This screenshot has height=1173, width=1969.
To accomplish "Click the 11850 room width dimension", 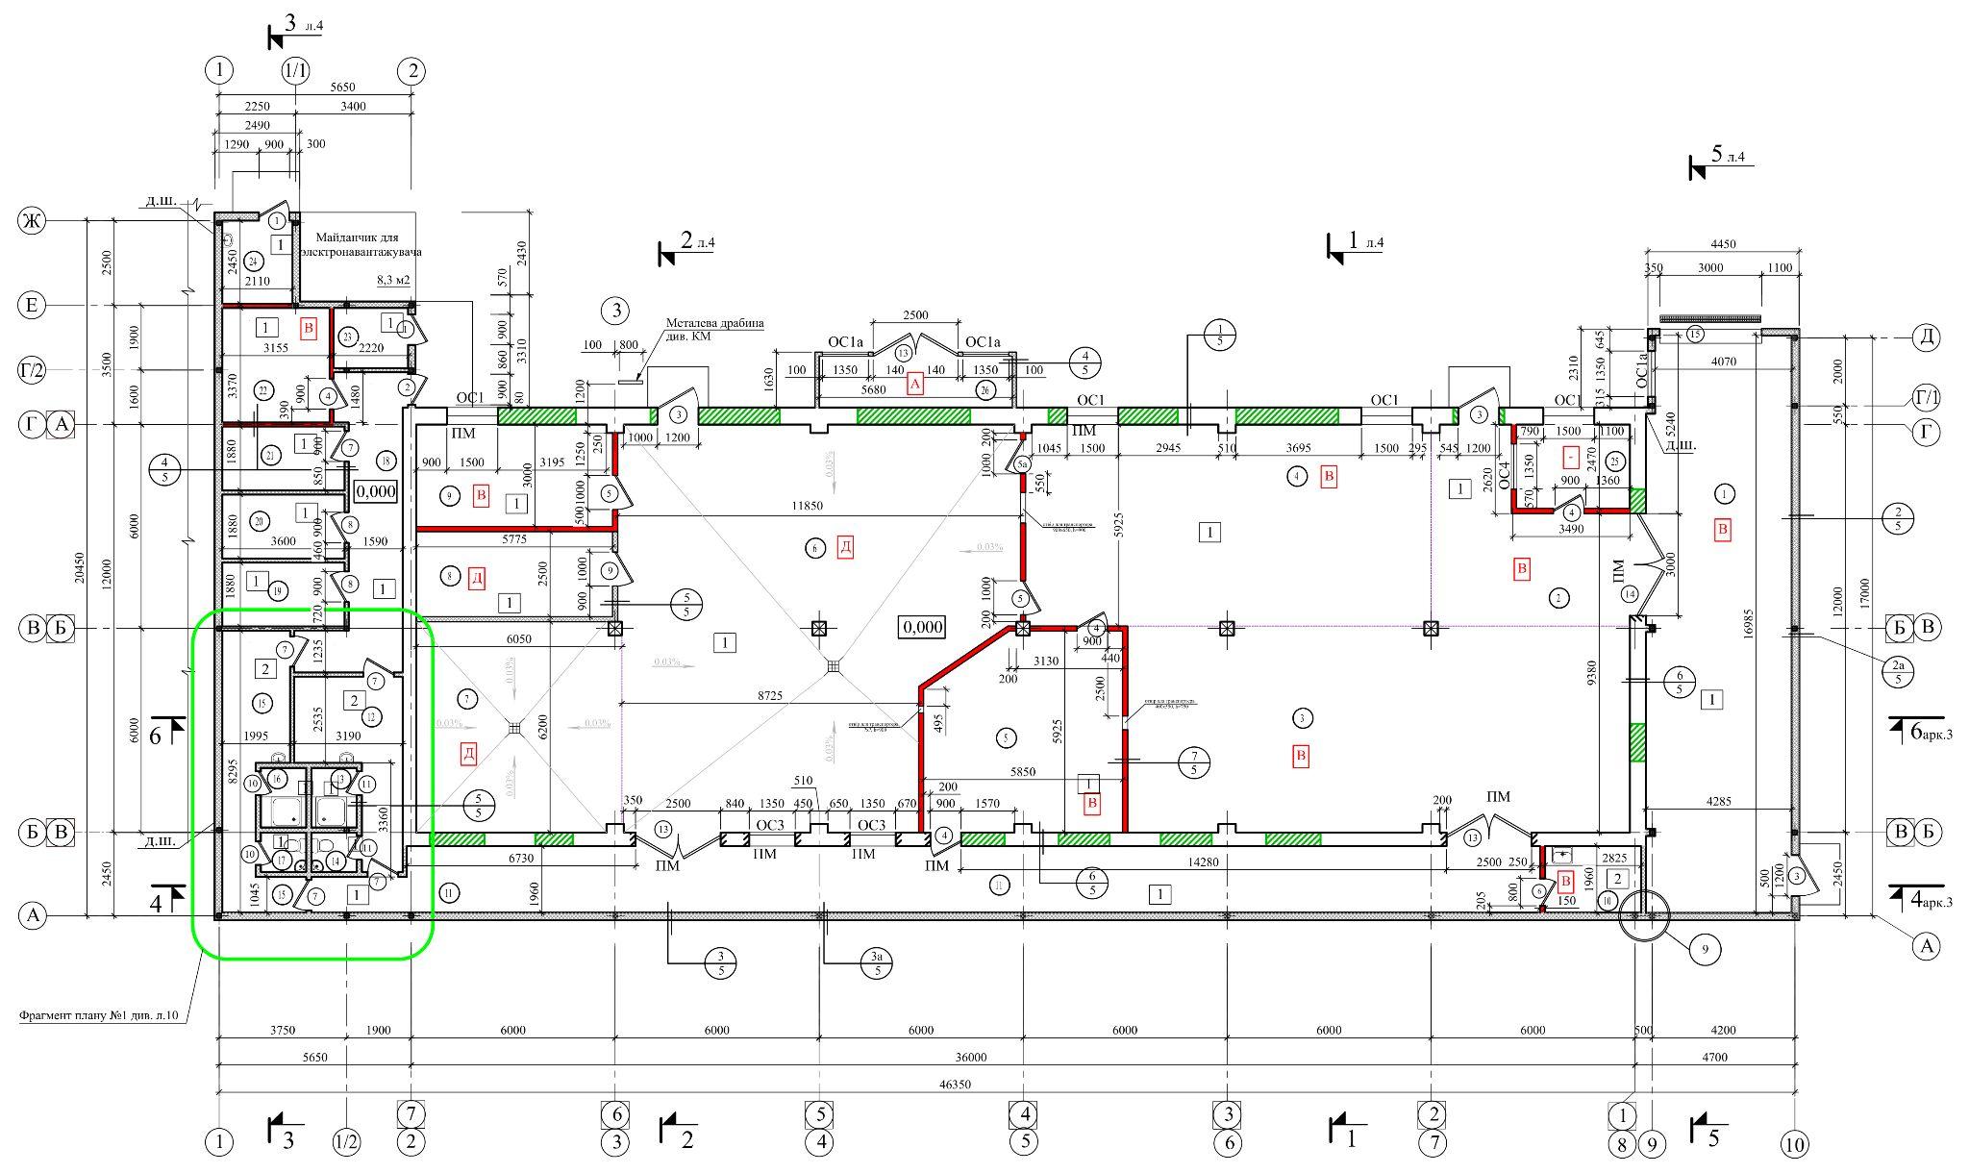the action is (x=808, y=505).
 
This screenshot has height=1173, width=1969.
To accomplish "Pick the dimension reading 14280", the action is (x=1202, y=862).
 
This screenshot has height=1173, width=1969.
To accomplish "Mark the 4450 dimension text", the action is (x=1724, y=244).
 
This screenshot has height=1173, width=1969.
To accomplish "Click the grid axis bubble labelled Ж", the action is (x=32, y=222).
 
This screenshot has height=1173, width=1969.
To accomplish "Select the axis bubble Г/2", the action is (x=32, y=369).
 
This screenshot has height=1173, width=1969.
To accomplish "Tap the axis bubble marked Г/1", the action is (x=1926, y=396).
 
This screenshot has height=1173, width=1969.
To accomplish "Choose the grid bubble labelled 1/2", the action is (x=346, y=1143).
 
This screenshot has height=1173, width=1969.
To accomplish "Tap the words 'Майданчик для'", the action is (x=357, y=237).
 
